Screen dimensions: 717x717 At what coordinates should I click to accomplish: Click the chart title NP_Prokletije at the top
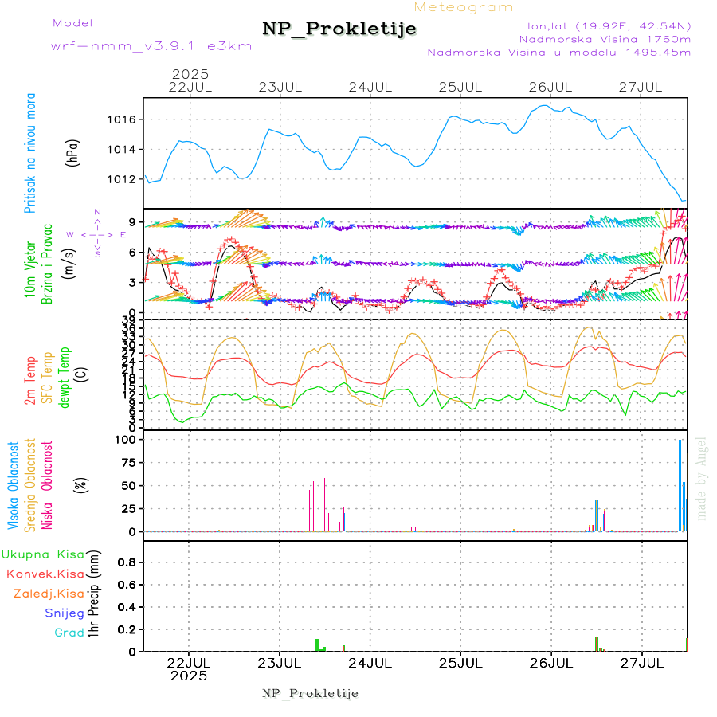tap(339, 29)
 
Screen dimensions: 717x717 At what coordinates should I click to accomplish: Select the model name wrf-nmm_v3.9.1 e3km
tap(151, 45)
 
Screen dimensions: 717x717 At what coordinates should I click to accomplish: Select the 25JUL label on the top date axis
tap(462, 87)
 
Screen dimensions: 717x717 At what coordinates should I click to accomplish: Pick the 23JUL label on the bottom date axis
tap(280, 662)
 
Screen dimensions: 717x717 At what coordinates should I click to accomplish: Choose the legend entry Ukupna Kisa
tap(43, 554)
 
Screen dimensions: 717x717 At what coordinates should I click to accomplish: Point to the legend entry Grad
tap(70, 633)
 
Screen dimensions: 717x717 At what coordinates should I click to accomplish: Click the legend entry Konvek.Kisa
tap(45, 574)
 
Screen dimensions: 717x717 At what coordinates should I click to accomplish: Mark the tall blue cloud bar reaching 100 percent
tap(680, 485)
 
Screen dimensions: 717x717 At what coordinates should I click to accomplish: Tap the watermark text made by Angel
tap(701, 478)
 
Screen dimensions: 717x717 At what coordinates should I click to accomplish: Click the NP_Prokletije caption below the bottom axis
tap(310, 693)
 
